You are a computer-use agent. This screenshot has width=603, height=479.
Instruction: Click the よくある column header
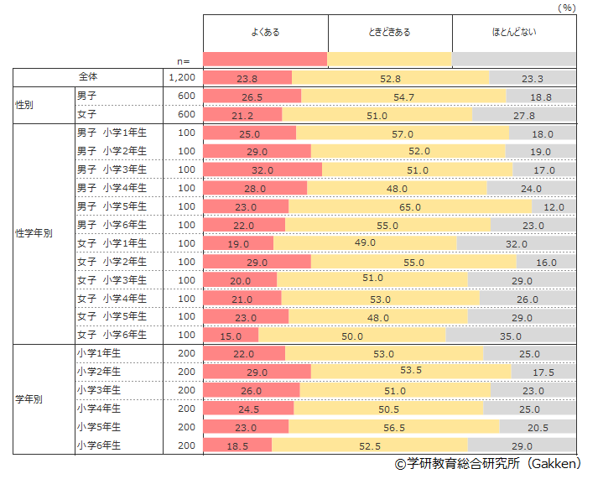265,33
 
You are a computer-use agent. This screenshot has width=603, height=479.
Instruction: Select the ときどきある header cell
390,33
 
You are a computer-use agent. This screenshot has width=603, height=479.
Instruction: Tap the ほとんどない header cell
514,33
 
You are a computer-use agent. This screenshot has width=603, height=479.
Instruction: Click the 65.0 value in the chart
410,206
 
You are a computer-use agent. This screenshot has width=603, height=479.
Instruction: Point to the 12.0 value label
554,206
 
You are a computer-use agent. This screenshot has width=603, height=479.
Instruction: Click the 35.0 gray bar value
511,336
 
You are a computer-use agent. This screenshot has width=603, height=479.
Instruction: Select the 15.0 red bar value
231,336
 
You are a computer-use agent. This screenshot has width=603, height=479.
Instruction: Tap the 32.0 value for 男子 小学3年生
263,169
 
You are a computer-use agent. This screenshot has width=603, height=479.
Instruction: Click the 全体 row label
89,77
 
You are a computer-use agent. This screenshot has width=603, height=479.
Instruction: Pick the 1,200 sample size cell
182,77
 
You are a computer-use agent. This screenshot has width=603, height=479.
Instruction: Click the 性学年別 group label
34,233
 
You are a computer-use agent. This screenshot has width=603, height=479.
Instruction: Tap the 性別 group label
25,105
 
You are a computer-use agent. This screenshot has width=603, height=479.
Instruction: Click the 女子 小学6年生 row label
112,335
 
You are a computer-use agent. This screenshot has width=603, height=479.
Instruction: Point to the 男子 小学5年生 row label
112,206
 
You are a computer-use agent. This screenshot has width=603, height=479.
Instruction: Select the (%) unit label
567,7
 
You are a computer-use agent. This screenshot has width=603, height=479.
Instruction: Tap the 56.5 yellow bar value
394,427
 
